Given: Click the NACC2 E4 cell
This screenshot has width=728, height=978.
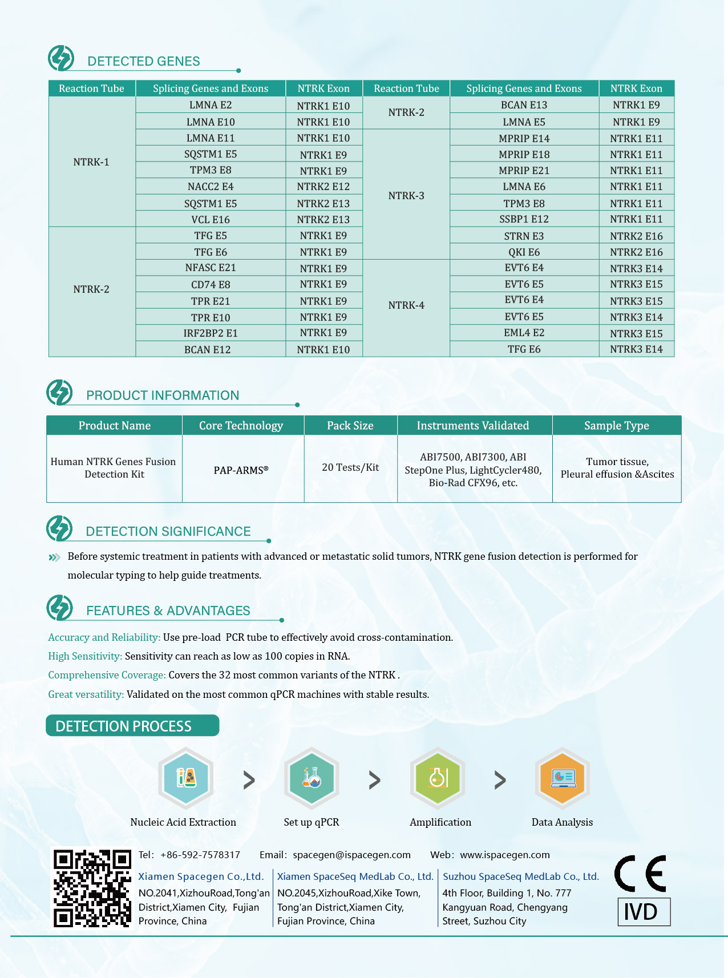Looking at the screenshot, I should pyautogui.click(x=211, y=187).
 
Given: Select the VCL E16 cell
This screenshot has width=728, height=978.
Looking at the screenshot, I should pyautogui.click(x=211, y=220).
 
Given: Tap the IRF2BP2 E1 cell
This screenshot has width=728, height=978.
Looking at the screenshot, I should pyautogui.click(x=211, y=333).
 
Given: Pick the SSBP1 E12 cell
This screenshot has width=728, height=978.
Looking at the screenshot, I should pyautogui.click(x=524, y=219).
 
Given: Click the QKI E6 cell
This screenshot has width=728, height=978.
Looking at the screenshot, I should pyautogui.click(x=524, y=252).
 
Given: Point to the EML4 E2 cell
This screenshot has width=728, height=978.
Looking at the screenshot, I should pyautogui.click(x=524, y=333).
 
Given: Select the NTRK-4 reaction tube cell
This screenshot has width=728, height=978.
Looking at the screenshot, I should pyautogui.click(x=406, y=305).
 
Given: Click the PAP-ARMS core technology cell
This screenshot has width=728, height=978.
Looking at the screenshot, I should pyautogui.click(x=241, y=470).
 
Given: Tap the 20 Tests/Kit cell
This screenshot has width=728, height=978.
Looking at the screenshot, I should pyautogui.click(x=350, y=467).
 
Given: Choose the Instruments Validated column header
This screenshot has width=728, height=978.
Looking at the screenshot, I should pyautogui.click(x=473, y=426).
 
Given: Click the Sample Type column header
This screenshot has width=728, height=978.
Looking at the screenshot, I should pyautogui.click(x=617, y=426).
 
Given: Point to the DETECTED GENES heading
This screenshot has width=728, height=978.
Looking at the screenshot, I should pyautogui.click(x=144, y=61).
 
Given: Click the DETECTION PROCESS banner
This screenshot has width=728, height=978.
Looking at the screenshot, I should pyautogui.click(x=132, y=726).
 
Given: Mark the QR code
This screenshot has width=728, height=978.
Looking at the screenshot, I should pyautogui.click(x=92, y=888).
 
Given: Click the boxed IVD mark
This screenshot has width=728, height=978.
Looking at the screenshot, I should pyautogui.click(x=644, y=912).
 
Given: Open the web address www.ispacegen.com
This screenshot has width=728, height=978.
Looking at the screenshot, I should pyautogui.click(x=505, y=855).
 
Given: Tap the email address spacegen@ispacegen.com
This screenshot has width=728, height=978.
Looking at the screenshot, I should pyautogui.click(x=351, y=855).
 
